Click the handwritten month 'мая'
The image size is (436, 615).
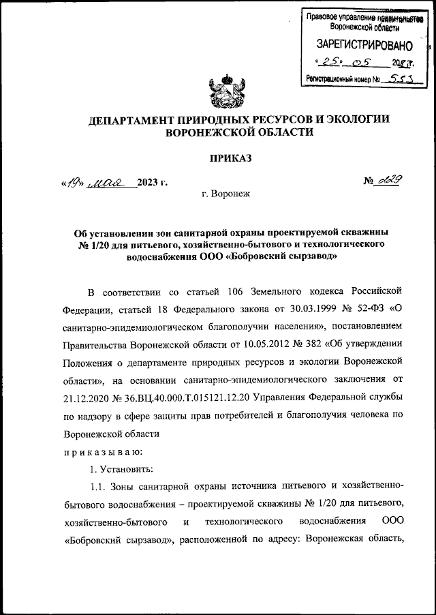click(110, 182)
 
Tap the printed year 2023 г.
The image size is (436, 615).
click(151, 182)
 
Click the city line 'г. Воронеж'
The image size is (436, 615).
click(226, 194)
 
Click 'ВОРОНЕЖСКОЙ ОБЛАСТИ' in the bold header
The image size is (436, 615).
click(235, 134)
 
